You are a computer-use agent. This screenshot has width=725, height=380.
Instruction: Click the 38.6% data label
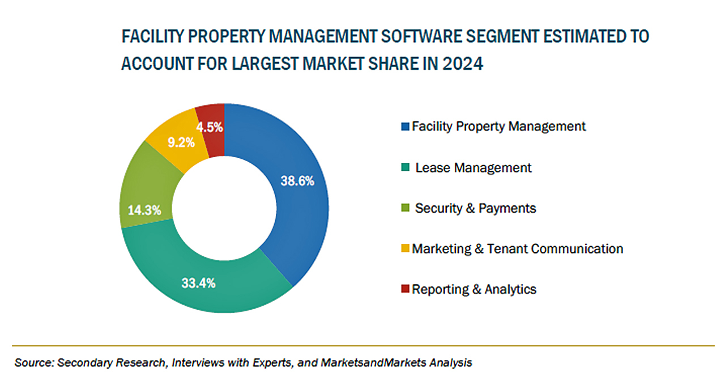coord(297,181)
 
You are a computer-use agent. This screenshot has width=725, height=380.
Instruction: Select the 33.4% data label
coord(198,283)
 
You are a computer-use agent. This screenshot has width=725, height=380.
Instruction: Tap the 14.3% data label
coord(144,210)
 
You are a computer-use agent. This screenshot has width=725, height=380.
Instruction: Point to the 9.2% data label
coord(181,142)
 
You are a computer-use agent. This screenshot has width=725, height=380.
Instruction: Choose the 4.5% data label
coord(210,128)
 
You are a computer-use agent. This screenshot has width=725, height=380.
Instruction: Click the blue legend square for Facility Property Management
coord(405,126)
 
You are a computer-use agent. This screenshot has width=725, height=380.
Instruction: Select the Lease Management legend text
coord(473,168)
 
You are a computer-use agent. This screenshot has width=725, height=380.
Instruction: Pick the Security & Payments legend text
coord(475,208)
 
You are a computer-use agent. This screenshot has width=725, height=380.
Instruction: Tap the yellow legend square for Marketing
coord(405,248)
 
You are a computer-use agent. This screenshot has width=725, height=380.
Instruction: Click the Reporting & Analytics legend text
coord(474,289)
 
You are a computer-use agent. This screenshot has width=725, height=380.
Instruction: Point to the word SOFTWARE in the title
coord(421,36)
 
